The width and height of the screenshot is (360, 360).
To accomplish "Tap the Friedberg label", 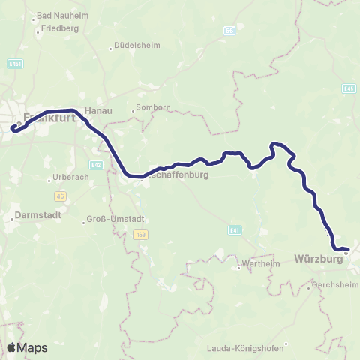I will pos(61,28).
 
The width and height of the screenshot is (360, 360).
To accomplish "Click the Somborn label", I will pos(153,109).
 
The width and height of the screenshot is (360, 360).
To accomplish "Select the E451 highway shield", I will pos(15,64).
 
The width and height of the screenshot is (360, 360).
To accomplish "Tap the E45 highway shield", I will pos(348,88).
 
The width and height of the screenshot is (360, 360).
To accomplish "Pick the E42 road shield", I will pos(95,164).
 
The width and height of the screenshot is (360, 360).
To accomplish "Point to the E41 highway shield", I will pos(235,229).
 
